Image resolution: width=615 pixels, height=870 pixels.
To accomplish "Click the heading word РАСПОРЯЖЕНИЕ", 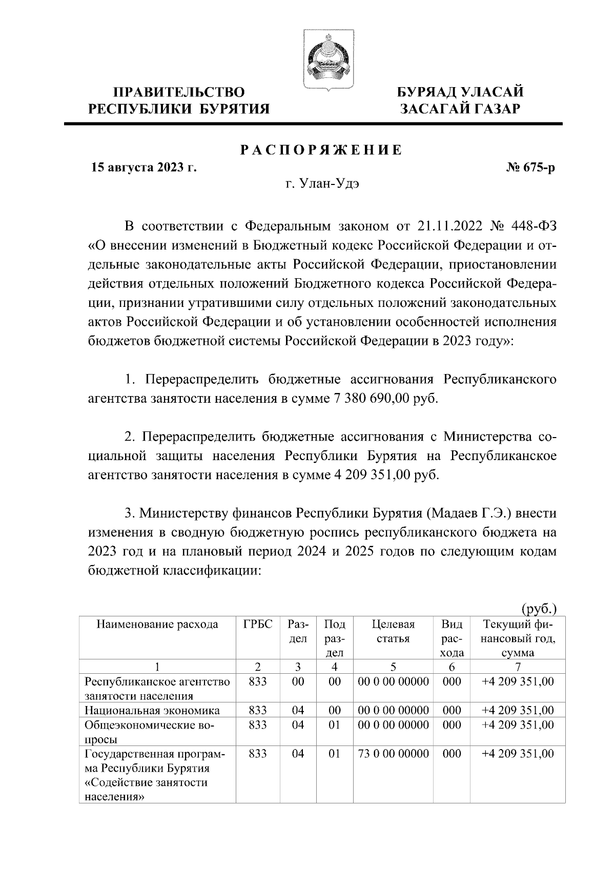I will point(322,150).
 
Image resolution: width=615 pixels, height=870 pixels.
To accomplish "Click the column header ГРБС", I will point(258,625).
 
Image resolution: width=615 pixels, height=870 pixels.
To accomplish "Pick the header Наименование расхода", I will point(157,625).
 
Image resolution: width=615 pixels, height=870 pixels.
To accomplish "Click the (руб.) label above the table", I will point(539,609).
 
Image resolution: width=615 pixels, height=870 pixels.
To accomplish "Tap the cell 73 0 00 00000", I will point(393,754).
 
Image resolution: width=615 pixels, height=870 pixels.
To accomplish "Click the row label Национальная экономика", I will point(152,710).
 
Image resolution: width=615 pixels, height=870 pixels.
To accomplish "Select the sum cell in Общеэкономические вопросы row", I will point(518,725).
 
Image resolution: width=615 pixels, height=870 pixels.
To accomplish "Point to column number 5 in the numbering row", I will point(393,667).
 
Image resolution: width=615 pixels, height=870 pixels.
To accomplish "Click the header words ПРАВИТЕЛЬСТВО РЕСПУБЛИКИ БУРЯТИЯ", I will point(179,100).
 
